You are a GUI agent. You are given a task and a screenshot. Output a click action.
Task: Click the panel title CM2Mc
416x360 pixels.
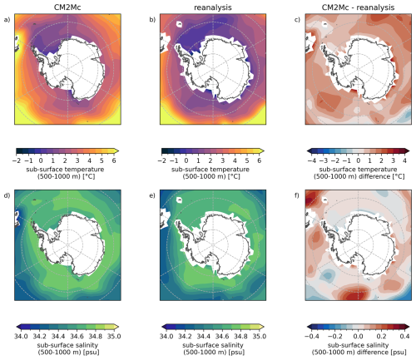point(67,7)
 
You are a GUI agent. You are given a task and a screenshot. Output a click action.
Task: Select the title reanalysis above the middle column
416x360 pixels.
point(213,7)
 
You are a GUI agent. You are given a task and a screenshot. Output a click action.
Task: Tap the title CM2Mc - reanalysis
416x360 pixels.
point(358,7)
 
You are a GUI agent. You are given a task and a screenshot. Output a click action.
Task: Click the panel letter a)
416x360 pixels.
point(7,20)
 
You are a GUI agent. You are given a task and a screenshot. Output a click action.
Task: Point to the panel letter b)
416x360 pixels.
point(152,20)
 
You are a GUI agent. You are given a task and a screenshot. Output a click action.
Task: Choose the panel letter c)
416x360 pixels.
point(297,20)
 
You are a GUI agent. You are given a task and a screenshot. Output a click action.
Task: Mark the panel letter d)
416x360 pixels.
point(7,195)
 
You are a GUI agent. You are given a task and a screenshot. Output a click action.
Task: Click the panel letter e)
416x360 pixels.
point(152,195)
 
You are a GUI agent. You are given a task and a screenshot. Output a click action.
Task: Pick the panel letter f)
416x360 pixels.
point(297,195)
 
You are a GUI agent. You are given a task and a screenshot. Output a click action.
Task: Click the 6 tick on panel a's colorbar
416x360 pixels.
point(114,160)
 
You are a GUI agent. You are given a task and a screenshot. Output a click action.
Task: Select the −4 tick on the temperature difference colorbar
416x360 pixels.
point(312,160)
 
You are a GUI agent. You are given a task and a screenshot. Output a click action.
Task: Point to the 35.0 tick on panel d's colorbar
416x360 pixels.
point(114,336)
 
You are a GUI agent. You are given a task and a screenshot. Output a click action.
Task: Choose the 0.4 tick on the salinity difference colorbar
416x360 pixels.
point(405,336)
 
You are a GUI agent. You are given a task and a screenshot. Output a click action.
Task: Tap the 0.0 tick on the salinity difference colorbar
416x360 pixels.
point(359,336)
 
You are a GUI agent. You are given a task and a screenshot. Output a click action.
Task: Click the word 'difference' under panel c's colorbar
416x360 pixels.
point(374,176)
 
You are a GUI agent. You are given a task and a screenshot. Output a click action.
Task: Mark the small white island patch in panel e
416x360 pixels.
point(180,200)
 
